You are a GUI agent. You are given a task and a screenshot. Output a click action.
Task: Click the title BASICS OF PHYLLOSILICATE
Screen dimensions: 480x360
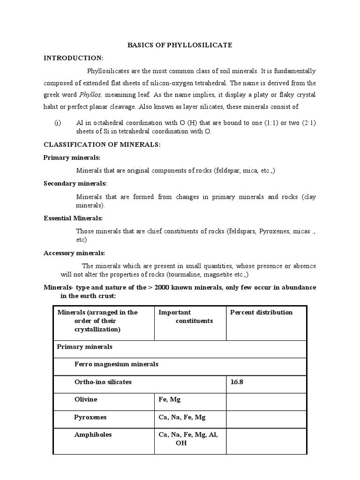180,45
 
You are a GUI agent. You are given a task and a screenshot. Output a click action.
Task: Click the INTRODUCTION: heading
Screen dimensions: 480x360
73,58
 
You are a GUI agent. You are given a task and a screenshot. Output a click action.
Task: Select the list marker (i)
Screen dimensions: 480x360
58,123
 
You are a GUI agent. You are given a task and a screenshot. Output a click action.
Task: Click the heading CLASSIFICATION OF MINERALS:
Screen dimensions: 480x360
102,145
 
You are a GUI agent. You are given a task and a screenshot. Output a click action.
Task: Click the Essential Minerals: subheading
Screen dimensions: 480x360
73,218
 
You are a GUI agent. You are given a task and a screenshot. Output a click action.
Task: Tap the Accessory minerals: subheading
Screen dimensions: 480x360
74,253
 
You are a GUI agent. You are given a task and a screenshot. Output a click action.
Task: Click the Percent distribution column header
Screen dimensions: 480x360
261,313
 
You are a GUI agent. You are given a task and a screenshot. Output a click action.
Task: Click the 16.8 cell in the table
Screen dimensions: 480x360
237,382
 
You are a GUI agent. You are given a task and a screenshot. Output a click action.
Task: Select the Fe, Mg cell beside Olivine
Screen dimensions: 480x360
170,399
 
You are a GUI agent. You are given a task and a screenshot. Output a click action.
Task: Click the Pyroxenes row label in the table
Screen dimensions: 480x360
90,417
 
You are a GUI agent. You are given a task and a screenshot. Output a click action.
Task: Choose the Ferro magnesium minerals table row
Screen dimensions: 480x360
116,364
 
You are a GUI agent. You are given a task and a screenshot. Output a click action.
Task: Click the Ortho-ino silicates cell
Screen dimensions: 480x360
103,382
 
